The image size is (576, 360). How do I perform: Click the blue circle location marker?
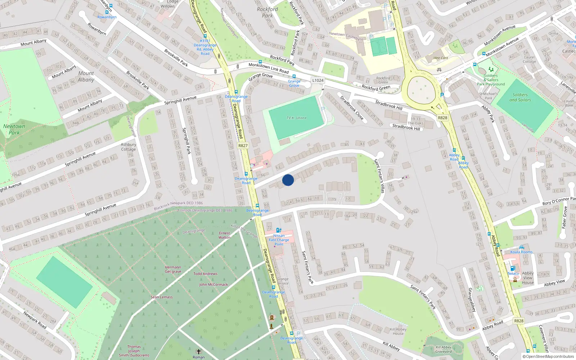(288, 180)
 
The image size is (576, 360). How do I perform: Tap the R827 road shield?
(243, 145)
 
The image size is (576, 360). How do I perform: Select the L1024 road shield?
(318, 80)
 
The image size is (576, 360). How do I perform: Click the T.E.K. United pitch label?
(296, 118)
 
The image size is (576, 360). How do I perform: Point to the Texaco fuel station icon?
(513, 268)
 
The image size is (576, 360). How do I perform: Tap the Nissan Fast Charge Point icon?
(278, 230)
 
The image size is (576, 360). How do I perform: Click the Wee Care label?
(441, 58)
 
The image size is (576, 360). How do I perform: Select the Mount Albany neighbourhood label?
(86, 76)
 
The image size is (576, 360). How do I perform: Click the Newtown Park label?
(14, 129)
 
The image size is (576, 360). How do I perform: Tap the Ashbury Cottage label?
(129, 147)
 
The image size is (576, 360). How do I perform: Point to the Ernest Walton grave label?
(224, 235)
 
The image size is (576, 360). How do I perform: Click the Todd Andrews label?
(205, 274)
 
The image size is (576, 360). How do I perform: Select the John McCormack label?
(213, 284)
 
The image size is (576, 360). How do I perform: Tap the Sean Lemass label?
(162, 297)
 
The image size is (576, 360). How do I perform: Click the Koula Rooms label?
(521, 252)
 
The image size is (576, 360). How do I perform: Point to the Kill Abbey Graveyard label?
(444, 349)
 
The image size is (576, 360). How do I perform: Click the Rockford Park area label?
(267, 12)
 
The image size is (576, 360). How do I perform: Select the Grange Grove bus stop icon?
(294, 76)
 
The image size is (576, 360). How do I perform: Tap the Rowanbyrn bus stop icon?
(111, 6)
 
